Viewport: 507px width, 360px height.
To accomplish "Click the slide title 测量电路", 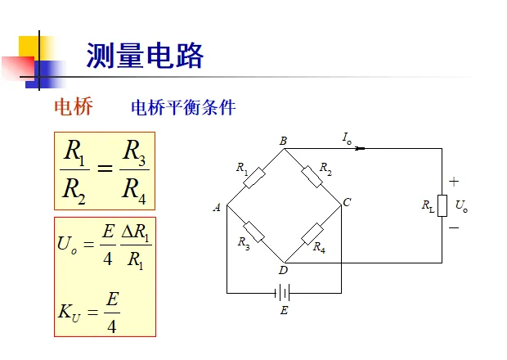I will [x=145, y=57].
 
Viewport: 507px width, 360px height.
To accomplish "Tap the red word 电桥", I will [x=74, y=107].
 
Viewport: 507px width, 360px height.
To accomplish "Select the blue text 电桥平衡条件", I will [x=183, y=108].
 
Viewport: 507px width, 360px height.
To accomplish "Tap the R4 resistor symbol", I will [x=313, y=233].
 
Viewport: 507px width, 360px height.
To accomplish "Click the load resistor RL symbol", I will [x=442, y=205].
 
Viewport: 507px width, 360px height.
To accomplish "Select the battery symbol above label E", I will [x=284, y=292].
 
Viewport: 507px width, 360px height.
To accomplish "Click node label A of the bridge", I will [x=218, y=208].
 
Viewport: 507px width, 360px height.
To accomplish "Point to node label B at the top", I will [x=283, y=141].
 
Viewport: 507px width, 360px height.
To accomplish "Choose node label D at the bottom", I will [x=284, y=270].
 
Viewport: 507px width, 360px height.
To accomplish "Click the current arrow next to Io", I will [x=361, y=148].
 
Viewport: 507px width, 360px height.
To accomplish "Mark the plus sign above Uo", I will [x=454, y=182].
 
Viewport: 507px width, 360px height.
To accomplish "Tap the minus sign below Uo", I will [x=454, y=227].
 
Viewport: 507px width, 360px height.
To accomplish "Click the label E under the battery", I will [x=284, y=310].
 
